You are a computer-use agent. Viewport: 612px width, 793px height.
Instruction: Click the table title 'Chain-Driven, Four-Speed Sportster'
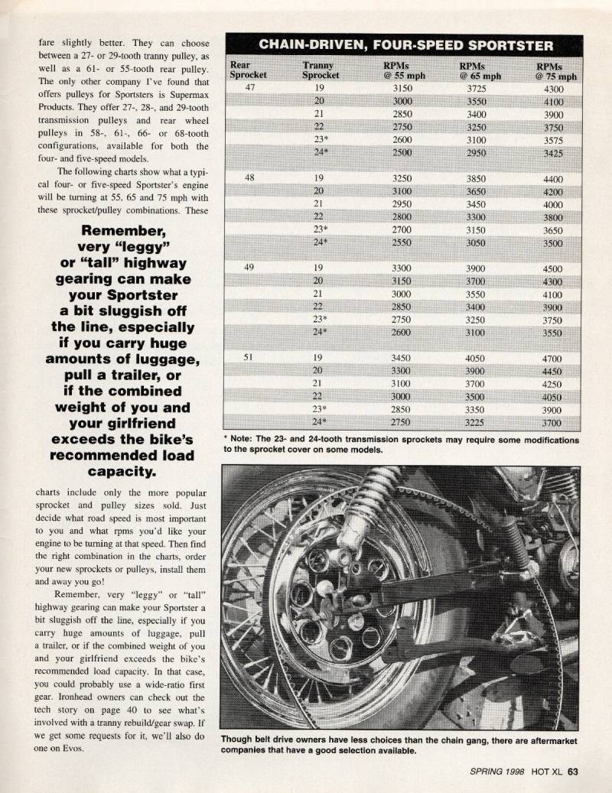pos(405,44)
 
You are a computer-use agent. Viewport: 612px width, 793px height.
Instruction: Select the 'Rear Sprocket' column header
pos(249,70)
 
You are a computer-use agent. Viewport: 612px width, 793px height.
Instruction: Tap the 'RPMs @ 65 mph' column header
pos(480,70)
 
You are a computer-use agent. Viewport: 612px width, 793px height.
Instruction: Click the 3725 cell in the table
pos(477,88)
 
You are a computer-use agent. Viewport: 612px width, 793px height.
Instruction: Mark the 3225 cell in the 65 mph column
pos(477,422)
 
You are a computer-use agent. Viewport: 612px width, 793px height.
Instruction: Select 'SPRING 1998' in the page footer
pos(497,771)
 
